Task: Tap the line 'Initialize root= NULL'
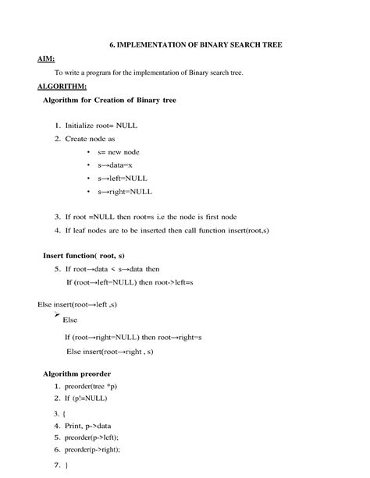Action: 98,125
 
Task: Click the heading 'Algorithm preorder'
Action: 76,374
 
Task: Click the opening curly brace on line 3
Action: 65,413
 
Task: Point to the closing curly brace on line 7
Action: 66,466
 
